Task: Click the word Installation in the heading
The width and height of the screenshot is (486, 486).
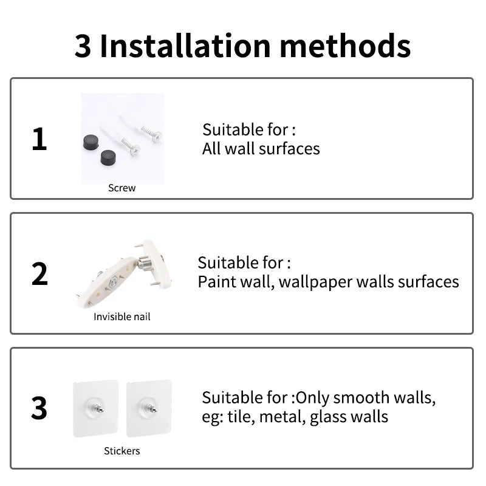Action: click(x=185, y=46)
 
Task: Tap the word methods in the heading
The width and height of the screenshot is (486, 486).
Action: click(x=345, y=46)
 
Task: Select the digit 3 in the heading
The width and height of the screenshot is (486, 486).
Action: click(x=83, y=47)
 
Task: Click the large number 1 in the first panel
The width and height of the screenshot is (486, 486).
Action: click(x=39, y=139)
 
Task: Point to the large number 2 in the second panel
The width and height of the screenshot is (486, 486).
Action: click(x=39, y=273)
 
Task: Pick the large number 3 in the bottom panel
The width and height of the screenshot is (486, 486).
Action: click(x=39, y=408)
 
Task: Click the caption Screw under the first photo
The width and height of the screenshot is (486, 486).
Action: click(x=122, y=188)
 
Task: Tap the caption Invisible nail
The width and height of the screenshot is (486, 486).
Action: click(x=122, y=317)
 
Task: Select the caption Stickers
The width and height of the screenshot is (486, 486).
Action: click(x=122, y=451)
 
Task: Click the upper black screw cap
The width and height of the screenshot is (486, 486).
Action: click(x=91, y=142)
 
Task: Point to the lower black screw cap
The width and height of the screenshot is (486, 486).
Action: click(x=108, y=157)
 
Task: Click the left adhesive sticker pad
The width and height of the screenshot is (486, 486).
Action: click(x=96, y=408)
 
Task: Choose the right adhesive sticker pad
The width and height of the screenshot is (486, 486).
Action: click(x=149, y=408)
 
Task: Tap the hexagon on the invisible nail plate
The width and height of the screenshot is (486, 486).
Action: click(x=113, y=282)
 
